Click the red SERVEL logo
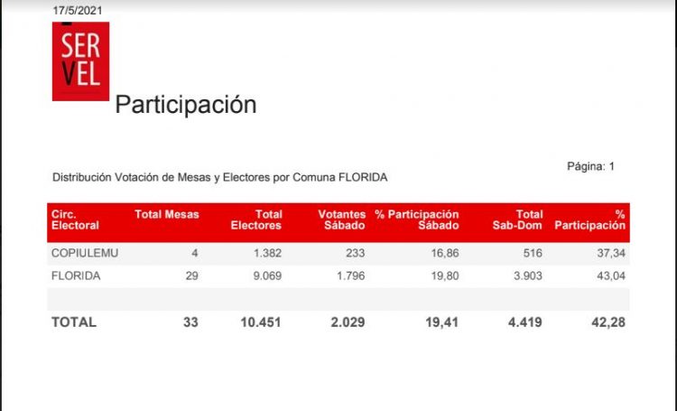coord(80,61)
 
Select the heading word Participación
coord(185,105)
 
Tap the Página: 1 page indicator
coord(590,166)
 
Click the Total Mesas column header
coord(166,214)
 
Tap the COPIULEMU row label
coord(86,254)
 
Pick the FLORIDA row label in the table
coord(76,276)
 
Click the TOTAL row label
coord(73,322)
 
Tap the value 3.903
coord(525,276)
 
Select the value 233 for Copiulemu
coord(355,254)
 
